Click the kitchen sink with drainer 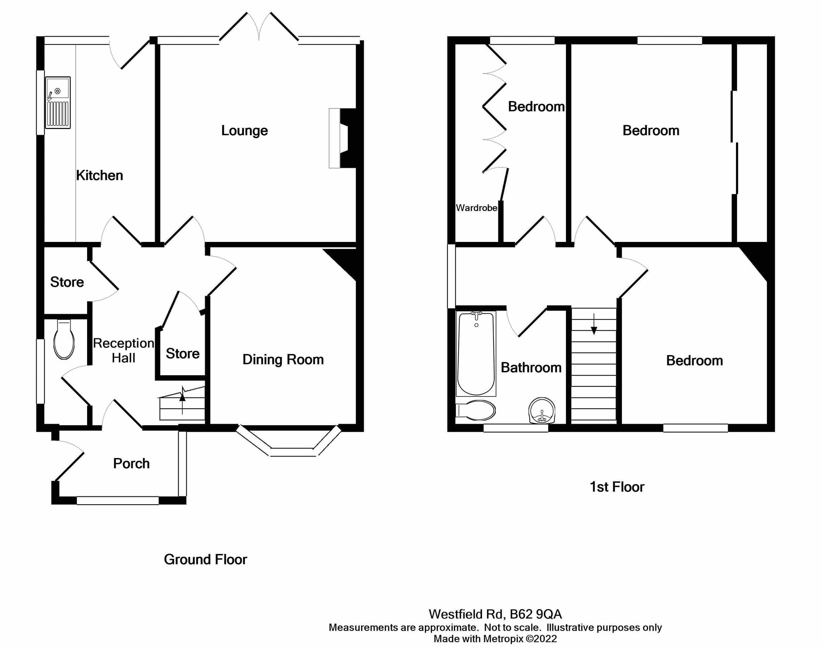click(x=58, y=103)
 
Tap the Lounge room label click(x=245, y=131)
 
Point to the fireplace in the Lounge click(x=342, y=138)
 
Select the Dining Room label click(x=283, y=359)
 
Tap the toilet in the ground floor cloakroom click(x=64, y=340)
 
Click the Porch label click(x=131, y=464)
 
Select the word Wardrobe click(x=476, y=208)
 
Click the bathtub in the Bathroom click(x=476, y=353)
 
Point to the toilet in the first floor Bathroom click(x=476, y=410)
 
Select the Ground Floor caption click(x=205, y=560)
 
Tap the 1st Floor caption click(x=617, y=487)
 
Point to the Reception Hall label click(x=124, y=350)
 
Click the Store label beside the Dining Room click(x=182, y=354)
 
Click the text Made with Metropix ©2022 click(x=495, y=639)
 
